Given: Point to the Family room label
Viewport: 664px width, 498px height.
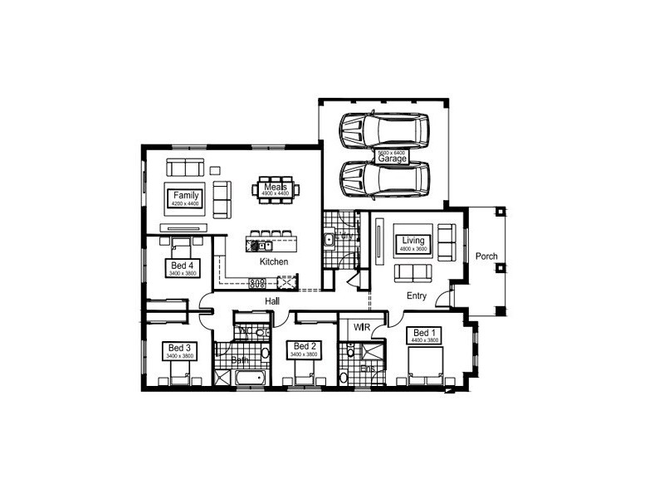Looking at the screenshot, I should [186, 198].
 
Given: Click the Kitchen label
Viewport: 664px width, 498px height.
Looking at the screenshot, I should [274, 261].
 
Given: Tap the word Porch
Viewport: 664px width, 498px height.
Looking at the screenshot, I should [486, 256].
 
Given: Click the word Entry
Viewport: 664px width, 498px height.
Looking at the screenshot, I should [417, 295].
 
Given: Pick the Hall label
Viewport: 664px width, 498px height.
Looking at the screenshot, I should [271, 300].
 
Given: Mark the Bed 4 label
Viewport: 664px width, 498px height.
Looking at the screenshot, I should [180, 267].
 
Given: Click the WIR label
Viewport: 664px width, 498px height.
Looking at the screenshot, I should [360, 328].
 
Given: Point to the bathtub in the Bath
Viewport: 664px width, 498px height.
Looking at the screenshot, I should [248, 378].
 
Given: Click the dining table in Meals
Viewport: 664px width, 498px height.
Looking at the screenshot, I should [276, 189].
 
